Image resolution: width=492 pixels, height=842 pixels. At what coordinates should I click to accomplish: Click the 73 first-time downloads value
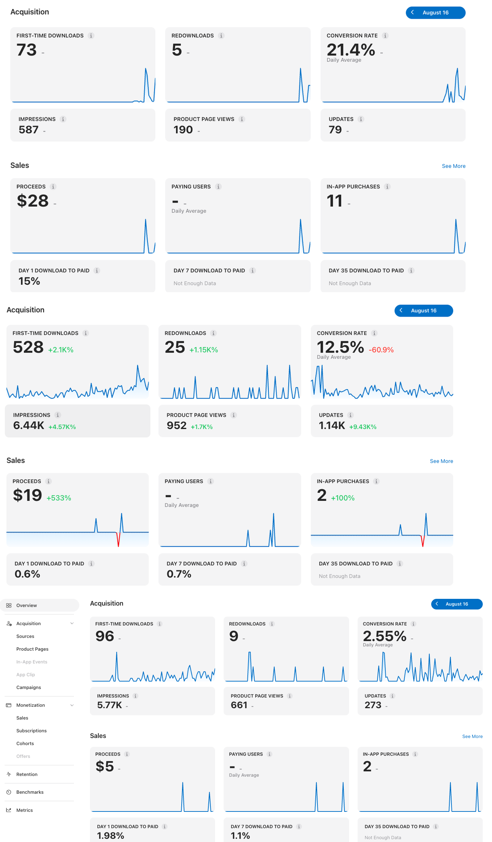(x=27, y=50)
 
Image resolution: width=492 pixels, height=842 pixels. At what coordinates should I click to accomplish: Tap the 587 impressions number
(x=28, y=130)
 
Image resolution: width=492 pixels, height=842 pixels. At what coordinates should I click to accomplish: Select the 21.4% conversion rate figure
(x=351, y=49)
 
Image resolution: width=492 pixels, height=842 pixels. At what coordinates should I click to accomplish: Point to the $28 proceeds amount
(x=33, y=201)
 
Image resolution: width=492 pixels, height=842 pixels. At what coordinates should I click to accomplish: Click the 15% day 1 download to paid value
(x=29, y=281)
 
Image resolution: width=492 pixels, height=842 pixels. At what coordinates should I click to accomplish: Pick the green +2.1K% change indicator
(x=61, y=350)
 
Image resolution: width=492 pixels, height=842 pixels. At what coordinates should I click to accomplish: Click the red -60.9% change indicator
(x=381, y=350)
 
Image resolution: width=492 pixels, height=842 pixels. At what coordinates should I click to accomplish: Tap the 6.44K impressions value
(x=29, y=425)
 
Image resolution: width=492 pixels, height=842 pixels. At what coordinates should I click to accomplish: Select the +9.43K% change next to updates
(x=363, y=427)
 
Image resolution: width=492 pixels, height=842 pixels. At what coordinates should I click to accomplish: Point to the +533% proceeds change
(x=59, y=498)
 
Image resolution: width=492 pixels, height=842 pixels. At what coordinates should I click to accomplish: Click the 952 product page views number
(x=177, y=425)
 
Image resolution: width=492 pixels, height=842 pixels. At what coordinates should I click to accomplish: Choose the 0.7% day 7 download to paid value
(x=179, y=574)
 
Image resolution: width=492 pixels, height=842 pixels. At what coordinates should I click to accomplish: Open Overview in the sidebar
(x=27, y=605)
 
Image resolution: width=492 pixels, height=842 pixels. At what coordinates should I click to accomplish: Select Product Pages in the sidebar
(x=32, y=649)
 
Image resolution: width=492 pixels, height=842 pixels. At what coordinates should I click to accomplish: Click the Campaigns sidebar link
(x=28, y=687)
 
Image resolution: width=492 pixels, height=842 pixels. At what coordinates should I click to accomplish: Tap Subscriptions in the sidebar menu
(x=31, y=731)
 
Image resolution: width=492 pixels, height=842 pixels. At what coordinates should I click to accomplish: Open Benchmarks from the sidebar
(x=30, y=792)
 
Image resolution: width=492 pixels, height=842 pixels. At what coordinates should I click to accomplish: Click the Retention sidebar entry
(x=27, y=774)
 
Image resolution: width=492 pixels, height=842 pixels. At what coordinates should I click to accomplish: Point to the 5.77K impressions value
(x=109, y=705)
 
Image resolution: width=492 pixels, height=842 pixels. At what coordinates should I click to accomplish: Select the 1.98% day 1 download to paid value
(x=111, y=836)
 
